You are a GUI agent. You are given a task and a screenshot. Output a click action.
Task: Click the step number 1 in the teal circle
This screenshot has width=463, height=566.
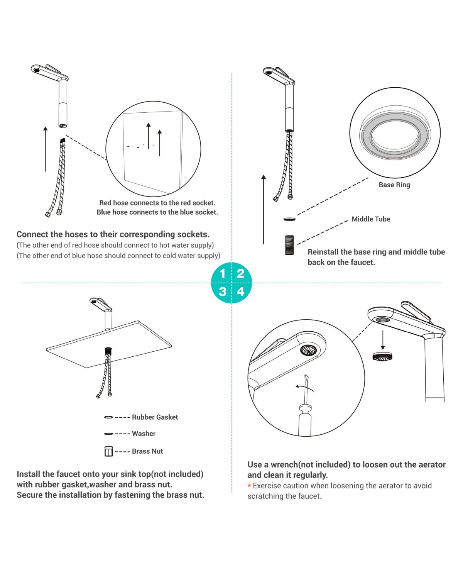coord(222,273)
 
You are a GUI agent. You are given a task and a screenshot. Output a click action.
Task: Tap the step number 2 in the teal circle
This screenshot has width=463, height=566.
coord(241,273)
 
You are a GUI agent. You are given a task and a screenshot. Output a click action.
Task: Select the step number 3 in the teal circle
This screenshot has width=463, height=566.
coord(222,292)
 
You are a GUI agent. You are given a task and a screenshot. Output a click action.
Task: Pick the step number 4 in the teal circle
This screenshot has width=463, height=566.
coord(241,292)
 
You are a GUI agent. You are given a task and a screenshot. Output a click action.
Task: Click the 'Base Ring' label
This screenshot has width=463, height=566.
coord(394,185)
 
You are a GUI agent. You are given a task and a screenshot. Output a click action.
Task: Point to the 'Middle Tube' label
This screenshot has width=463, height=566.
coord(371,219)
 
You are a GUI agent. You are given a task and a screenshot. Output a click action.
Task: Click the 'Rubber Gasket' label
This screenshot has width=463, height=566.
coord(155,417)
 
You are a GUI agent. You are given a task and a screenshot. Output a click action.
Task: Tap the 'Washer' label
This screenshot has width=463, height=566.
coord(144,434)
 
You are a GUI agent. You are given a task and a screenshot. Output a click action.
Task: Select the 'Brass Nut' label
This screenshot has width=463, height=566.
coord(147,451)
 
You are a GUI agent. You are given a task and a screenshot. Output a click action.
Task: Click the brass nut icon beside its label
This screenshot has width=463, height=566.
coord(109,451)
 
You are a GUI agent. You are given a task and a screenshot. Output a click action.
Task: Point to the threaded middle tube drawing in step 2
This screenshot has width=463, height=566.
coord(289,245)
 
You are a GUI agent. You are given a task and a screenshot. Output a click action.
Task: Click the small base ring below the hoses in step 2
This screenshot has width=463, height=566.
coord(289,219)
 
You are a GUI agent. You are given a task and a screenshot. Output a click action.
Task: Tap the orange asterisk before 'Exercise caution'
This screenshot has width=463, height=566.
coord(249,485)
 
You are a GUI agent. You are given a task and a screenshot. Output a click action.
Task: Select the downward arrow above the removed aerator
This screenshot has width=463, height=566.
coord(383,340)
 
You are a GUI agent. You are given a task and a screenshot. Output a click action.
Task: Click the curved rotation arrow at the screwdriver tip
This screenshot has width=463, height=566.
coord(304,388)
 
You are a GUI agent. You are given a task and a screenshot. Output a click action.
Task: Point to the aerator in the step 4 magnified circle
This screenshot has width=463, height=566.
coord(309,350)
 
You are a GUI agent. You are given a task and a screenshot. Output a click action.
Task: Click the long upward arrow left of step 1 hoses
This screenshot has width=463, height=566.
coord(45,149)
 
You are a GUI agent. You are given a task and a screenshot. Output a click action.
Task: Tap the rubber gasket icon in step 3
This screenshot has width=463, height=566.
coord(108,417)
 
